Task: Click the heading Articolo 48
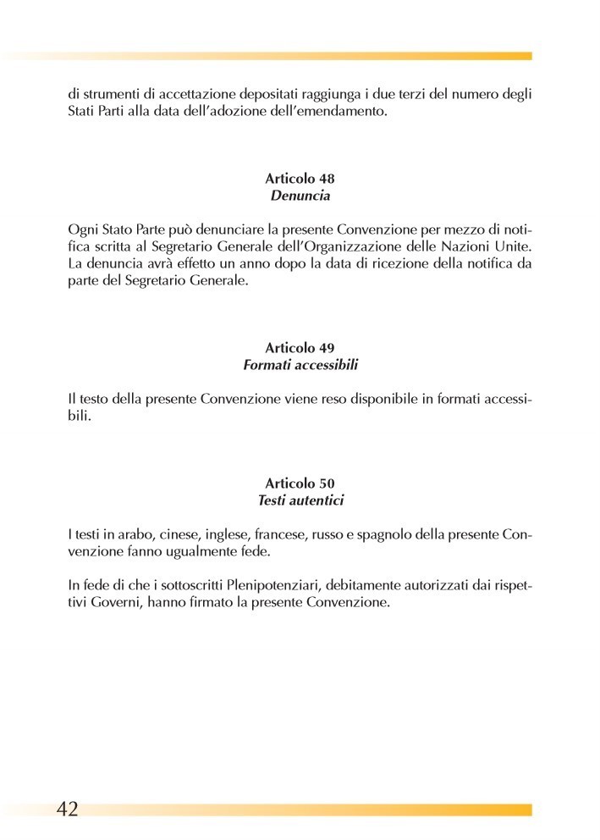[300, 179]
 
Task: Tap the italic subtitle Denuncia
[300, 196]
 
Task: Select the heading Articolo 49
[300, 348]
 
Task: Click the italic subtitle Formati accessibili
[300, 366]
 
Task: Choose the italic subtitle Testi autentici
[300, 501]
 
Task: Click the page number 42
[67, 809]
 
